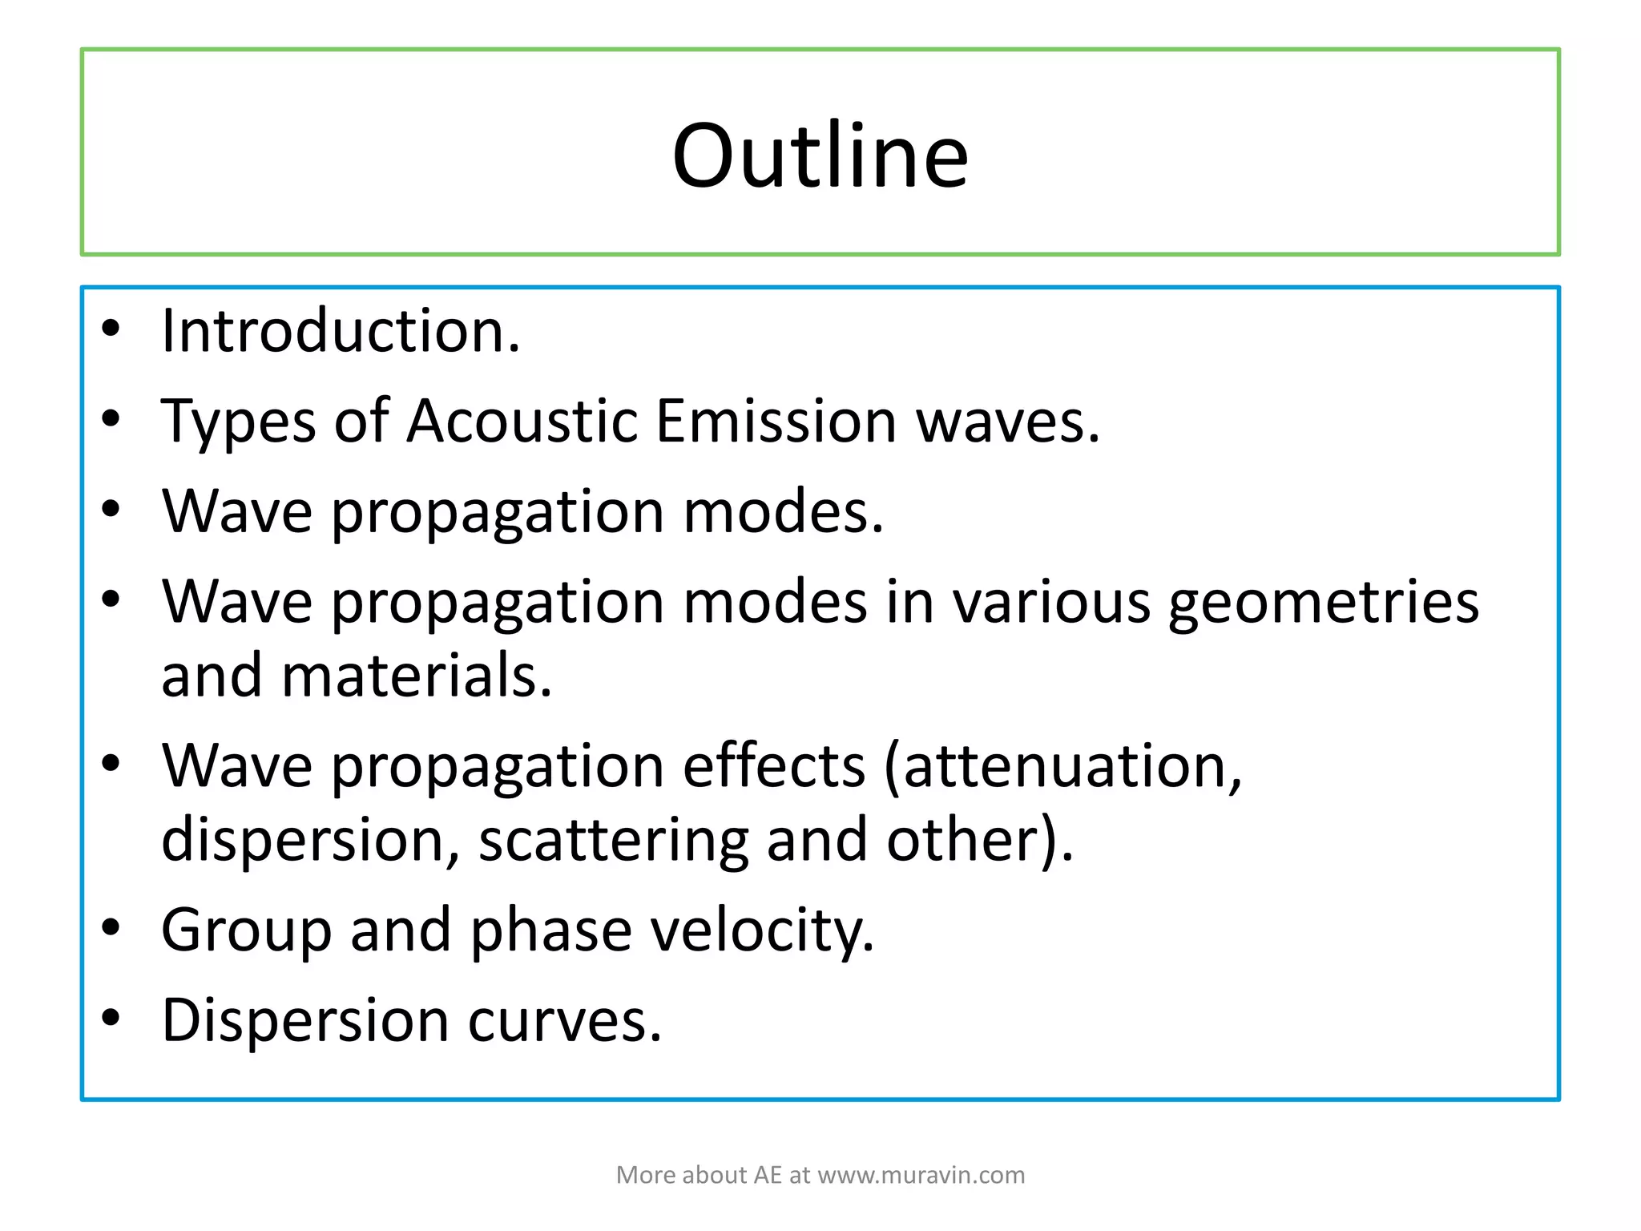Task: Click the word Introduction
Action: coord(341,331)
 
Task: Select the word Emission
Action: coord(776,421)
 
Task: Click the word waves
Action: coord(1007,422)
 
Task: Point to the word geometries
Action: coord(1323,603)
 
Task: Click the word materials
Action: coord(417,676)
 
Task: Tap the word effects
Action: coord(774,765)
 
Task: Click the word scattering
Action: coord(613,840)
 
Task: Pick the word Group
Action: coord(246,930)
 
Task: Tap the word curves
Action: coord(565,1021)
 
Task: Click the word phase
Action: coord(550,930)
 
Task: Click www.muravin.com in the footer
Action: coord(921,1175)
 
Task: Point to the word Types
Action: coord(238,422)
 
